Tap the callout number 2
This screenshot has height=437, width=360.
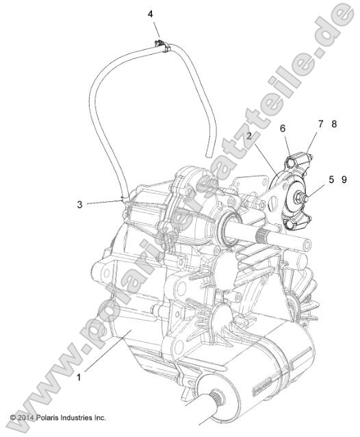(250, 136)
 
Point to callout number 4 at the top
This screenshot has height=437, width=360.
(151, 14)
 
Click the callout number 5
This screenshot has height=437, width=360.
(331, 180)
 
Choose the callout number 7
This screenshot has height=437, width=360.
(320, 124)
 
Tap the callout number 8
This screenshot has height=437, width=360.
(334, 124)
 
